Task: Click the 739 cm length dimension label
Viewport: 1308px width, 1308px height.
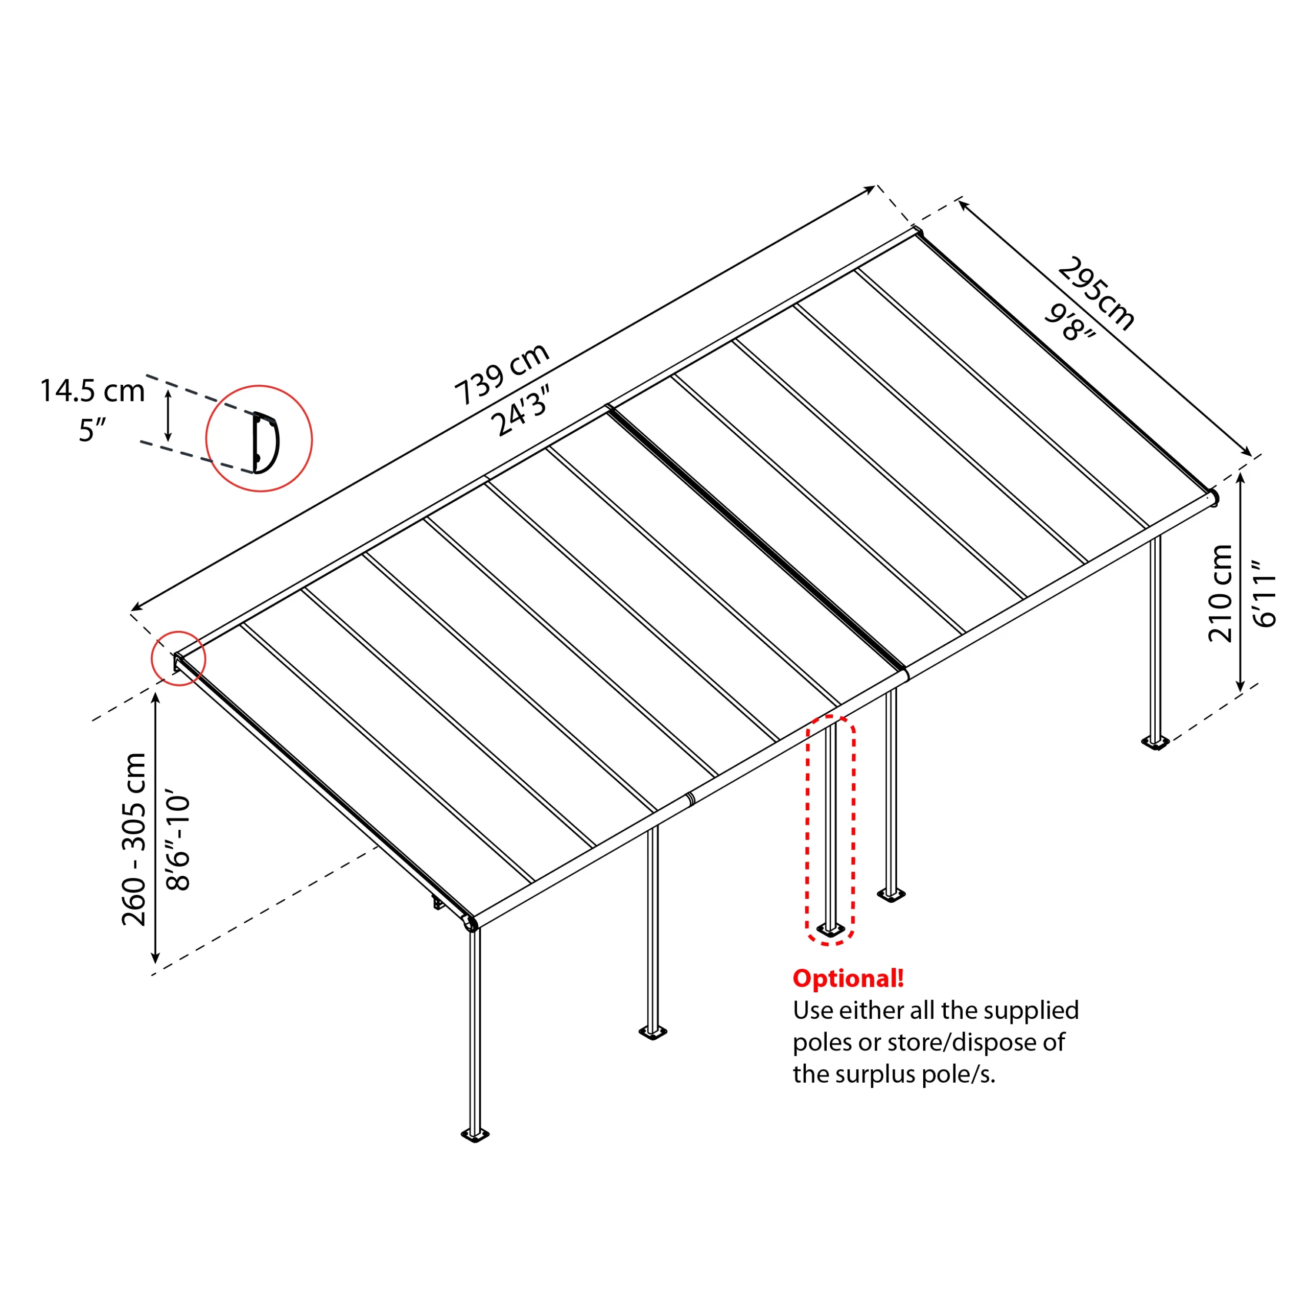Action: (501, 373)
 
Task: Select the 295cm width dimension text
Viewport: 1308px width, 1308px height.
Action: (1095, 294)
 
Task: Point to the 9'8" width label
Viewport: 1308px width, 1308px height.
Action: (1070, 323)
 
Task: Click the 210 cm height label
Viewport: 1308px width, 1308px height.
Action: (1220, 593)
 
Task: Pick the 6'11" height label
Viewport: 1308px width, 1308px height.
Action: (1264, 593)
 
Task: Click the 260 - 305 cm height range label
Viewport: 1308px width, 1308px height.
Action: (134, 839)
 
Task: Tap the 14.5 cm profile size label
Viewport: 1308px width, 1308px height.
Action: (93, 391)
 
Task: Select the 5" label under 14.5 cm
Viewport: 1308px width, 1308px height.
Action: (93, 431)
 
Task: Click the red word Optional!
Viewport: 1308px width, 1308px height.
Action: (848, 978)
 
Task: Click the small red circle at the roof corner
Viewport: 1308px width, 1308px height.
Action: (178, 658)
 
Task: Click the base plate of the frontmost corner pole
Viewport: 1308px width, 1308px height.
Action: (475, 1135)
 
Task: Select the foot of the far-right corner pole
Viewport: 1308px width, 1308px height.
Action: (1155, 743)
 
